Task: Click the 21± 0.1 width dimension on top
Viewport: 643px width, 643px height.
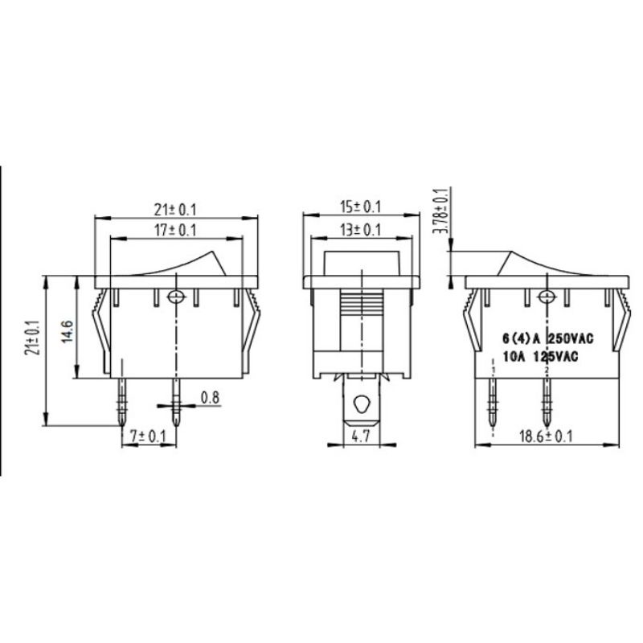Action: (174, 210)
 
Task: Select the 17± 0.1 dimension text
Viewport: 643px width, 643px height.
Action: (174, 231)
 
